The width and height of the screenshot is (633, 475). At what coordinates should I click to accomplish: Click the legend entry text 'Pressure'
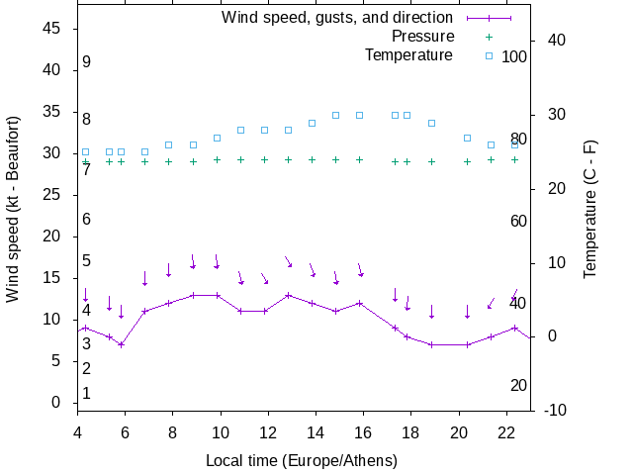point(422,36)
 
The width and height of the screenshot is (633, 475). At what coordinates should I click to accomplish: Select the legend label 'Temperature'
point(408,54)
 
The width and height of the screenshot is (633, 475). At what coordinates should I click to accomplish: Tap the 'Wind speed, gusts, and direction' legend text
point(337,17)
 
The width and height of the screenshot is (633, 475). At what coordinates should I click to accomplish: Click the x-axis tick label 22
point(506,431)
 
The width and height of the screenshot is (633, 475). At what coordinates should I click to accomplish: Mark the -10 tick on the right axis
point(555,411)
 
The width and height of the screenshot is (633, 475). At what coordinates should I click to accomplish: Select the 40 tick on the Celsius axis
point(555,41)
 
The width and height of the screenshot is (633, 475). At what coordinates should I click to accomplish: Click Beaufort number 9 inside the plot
point(87,62)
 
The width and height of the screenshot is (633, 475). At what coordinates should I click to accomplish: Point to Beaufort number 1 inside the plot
point(87,394)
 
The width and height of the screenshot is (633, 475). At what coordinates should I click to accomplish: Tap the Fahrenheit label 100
point(514,56)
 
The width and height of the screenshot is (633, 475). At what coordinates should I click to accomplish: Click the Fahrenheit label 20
point(518,385)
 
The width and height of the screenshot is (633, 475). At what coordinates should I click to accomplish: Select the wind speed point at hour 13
point(289,295)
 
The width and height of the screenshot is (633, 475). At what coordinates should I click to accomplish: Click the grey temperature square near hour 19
point(431,123)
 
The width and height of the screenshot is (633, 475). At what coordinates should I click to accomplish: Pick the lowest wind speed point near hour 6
point(121,344)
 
